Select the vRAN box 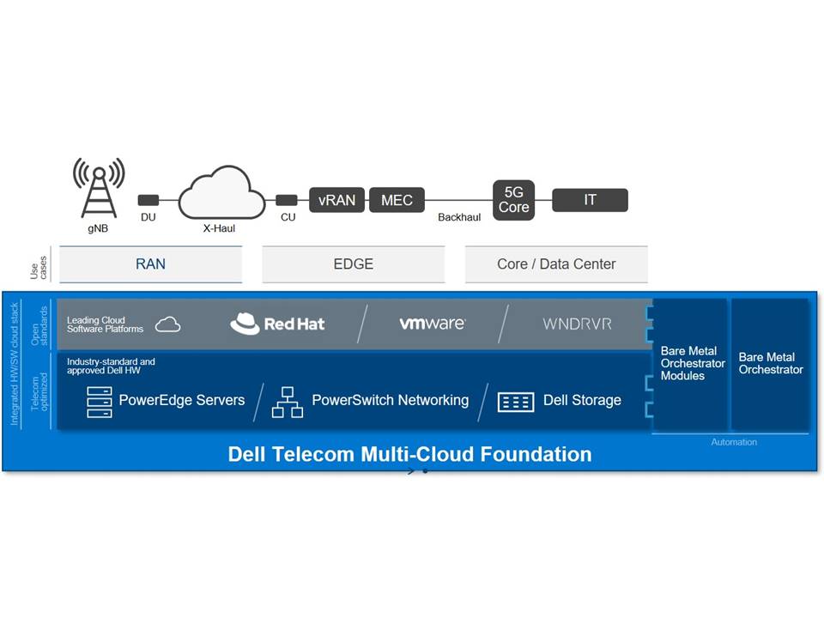[337, 200]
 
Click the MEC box [397, 200]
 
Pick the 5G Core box [513, 200]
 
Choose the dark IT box [590, 200]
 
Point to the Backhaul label [459, 217]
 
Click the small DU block [148, 200]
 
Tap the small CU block [287, 200]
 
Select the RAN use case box [150, 264]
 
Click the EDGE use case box [353, 264]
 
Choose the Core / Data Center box [556, 264]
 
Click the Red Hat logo [277, 324]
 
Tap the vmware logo [432, 324]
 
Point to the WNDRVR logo [577, 324]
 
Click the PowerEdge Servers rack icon [100, 402]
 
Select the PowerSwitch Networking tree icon [288, 402]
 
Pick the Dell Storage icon [515, 402]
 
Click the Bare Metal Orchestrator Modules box [692, 364]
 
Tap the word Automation [734, 442]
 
